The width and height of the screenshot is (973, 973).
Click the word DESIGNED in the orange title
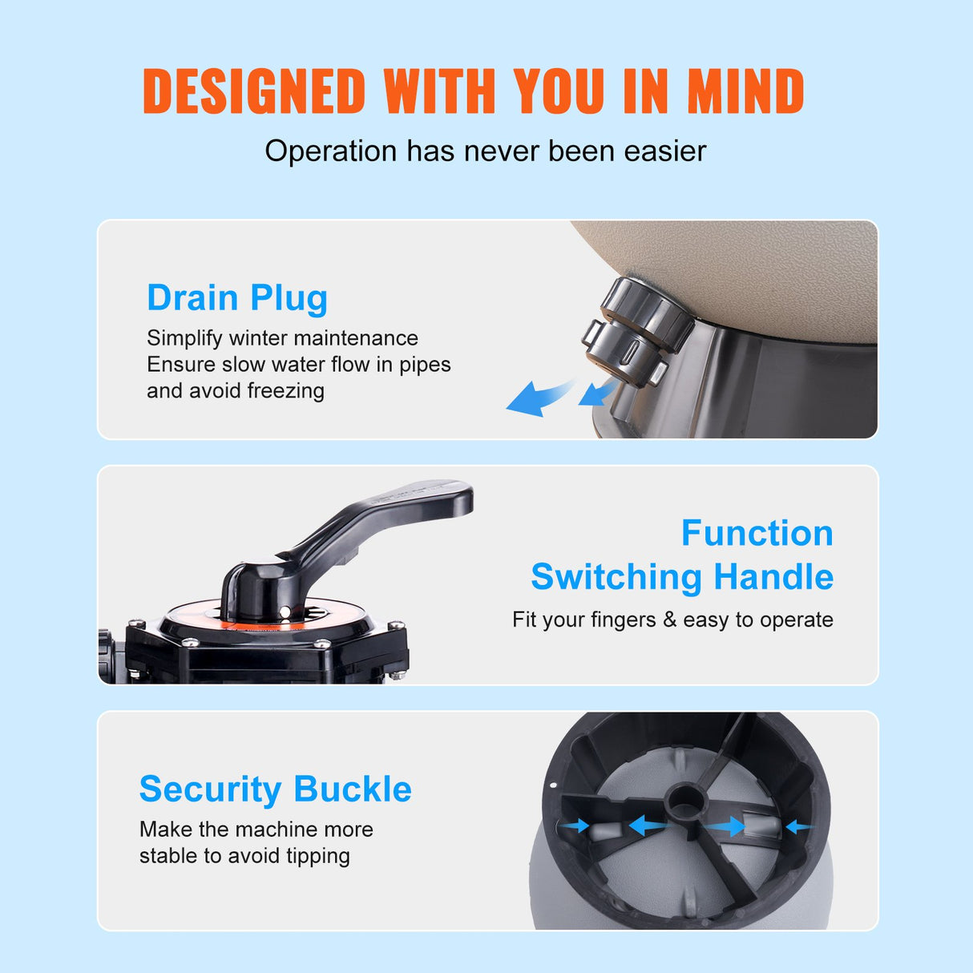[254, 91]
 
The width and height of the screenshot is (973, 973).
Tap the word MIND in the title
[745, 91]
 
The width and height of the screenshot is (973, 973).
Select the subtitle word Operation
[330, 151]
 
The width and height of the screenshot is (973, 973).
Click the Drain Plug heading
[237, 298]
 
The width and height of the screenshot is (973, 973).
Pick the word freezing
[285, 391]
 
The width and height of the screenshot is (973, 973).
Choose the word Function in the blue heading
[757, 534]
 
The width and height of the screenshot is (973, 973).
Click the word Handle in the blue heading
[773, 577]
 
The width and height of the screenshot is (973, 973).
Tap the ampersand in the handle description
[669, 620]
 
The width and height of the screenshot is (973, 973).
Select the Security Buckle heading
[275, 789]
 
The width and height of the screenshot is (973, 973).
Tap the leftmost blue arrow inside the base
[574, 826]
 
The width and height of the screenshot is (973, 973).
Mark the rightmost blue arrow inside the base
[798, 826]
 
